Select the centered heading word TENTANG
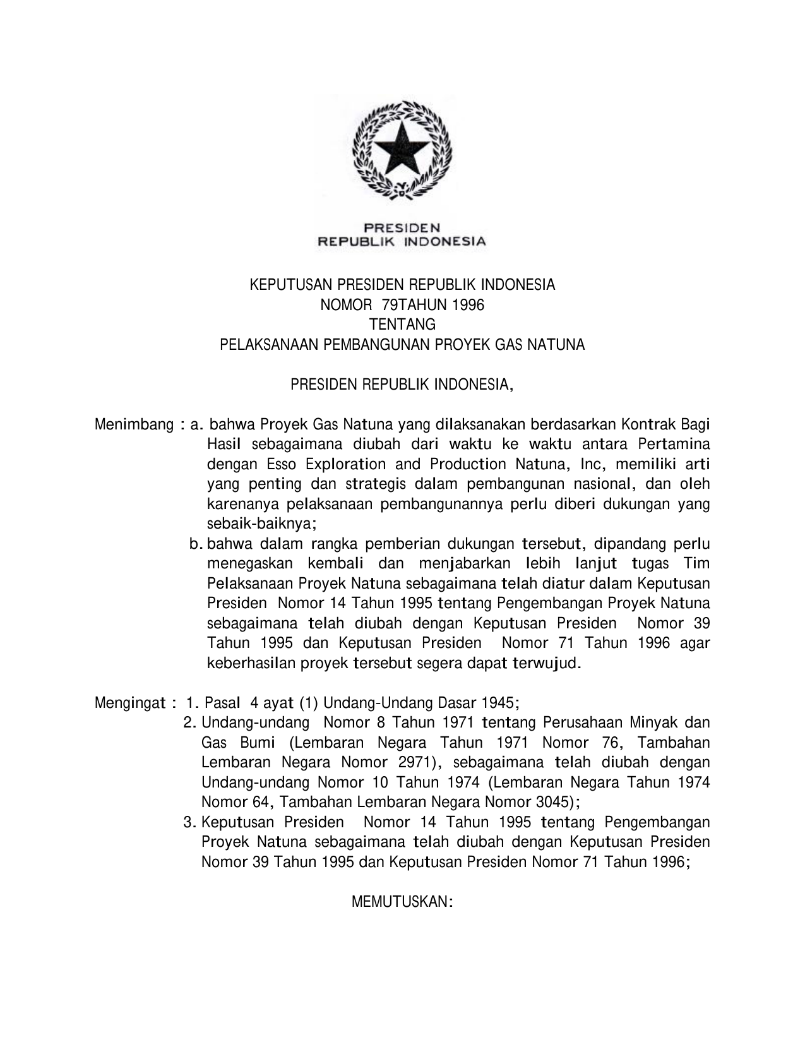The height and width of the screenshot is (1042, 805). tap(402, 325)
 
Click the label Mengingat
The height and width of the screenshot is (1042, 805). tap(130, 703)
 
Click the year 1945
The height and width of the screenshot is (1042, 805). tap(499, 703)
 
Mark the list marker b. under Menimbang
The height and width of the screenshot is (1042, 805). tap(195, 544)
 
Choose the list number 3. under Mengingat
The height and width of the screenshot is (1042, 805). tap(188, 823)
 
